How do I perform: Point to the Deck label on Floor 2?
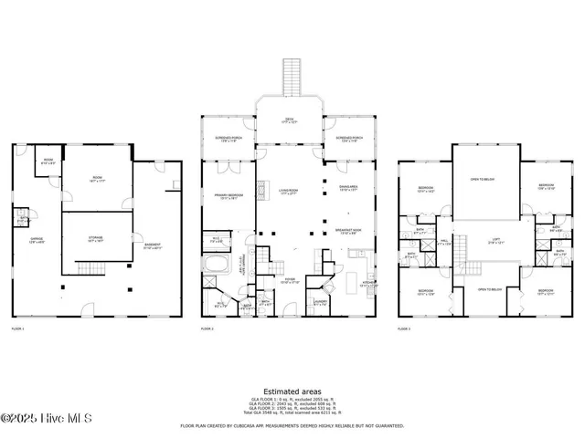click(x=290, y=120)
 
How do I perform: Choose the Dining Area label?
click(x=348, y=188)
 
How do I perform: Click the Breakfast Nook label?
click(x=348, y=231)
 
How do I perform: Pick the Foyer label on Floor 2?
click(x=290, y=281)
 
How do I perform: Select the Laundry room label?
click(x=320, y=302)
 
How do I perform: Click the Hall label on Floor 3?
click(x=443, y=243)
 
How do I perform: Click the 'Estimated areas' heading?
click(x=290, y=391)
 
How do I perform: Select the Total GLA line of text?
click(x=290, y=413)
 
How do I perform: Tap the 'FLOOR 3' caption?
click(x=404, y=328)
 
